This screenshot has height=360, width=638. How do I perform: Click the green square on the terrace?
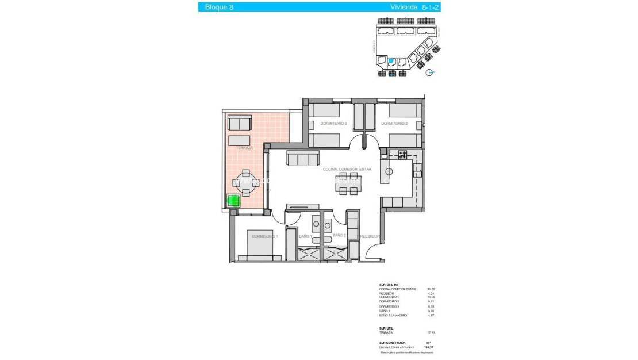pos(233,201)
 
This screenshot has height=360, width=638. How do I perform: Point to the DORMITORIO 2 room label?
pos(394,124)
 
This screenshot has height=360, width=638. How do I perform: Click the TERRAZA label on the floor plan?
pos(244,147)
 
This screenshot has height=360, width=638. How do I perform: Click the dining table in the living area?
pos(348,183)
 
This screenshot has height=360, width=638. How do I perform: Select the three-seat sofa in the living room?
pos(302,158)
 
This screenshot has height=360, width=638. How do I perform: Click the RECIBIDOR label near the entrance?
pos(370,236)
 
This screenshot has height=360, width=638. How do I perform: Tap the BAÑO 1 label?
pos(305,236)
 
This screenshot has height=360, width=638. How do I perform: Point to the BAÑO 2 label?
pos(339,235)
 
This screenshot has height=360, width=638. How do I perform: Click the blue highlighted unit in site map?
pos(391,61)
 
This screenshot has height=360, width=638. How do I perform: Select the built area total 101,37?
pos(428,347)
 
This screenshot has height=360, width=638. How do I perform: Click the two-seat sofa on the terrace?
pos(239,123)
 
